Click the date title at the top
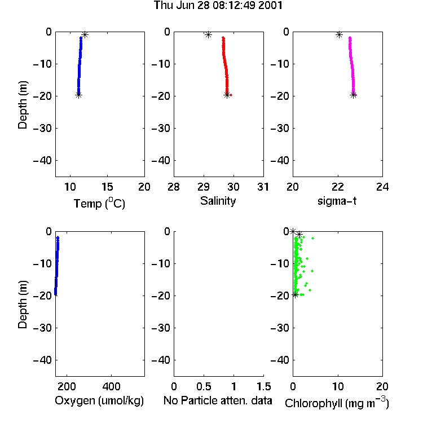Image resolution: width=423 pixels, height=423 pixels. (x=218, y=5)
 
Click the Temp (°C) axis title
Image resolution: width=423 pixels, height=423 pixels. (x=99, y=204)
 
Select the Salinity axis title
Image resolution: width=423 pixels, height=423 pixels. (x=218, y=201)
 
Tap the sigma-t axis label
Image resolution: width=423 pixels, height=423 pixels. (x=337, y=201)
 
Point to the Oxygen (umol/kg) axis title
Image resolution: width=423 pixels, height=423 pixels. (x=99, y=400)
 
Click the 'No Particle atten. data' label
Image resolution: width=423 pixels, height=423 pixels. (x=218, y=400)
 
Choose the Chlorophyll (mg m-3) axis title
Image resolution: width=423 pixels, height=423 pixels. (x=337, y=403)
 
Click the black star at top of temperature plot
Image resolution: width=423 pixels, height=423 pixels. (x=85, y=34)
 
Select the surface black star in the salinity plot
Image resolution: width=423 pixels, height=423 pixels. (x=208, y=34)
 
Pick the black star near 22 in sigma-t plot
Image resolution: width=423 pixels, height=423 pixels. (x=339, y=34)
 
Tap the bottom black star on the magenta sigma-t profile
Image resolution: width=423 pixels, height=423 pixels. (x=354, y=95)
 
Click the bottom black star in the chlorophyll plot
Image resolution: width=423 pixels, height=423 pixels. (x=296, y=294)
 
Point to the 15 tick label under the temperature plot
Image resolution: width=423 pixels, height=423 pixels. (x=107, y=187)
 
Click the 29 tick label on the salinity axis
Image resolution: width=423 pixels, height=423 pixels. (x=204, y=187)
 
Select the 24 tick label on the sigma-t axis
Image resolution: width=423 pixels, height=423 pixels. (x=382, y=187)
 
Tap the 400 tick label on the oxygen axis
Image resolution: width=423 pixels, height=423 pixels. (x=112, y=386)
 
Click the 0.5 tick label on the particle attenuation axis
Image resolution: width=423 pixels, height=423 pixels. (x=204, y=386)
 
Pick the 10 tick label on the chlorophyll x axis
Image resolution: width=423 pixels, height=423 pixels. (x=338, y=386)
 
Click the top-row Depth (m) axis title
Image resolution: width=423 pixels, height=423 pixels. (x=23, y=105)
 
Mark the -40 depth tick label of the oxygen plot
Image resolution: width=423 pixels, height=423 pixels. (x=42, y=360)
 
